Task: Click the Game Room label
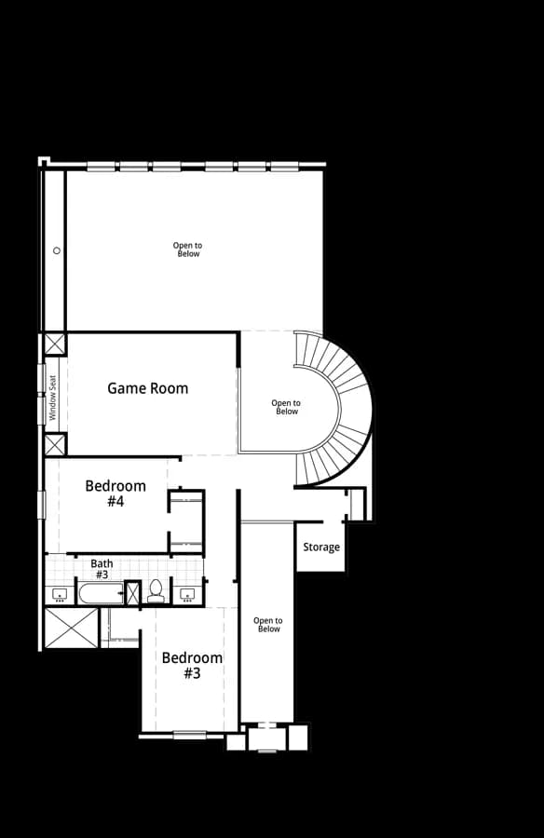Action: click(147, 388)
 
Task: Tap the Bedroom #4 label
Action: click(116, 493)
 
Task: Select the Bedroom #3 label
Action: click(192, 666)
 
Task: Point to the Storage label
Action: click(321, 547)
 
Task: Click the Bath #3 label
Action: click(102, 569)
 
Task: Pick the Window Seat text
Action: click(52, 398)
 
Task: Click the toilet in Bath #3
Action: click(156, 591)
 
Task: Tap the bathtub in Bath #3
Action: click(102, 594)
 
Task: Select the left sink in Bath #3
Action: click(60, 594)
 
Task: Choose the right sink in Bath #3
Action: click(187, 594)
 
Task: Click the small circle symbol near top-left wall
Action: click(57, 250)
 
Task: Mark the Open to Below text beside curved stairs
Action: click(286, 407)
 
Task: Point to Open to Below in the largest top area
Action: click(188, 250)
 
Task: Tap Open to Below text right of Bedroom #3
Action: click(268, 625)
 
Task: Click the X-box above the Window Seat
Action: click(55, 345)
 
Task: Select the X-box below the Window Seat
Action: click(55, 445)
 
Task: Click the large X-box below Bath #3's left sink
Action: click(72, 628)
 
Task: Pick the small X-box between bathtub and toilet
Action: click(132, 593)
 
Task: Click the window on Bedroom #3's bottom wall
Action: click(190, 735)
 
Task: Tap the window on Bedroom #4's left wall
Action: click(41, 505)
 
